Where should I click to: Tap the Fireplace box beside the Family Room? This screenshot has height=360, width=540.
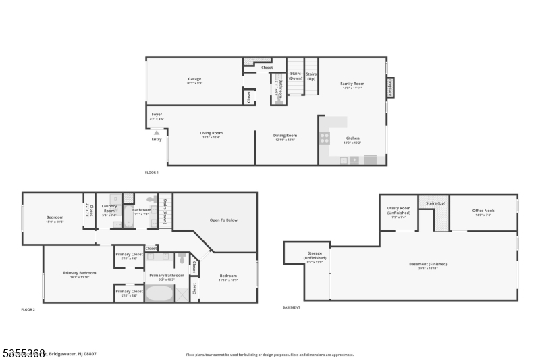point(390,87)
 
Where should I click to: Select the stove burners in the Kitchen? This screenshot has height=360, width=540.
point(325,138)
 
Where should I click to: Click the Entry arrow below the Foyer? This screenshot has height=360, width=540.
point(157,133)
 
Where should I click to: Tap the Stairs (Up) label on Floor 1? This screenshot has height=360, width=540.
point(311,76)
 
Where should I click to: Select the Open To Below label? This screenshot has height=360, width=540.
point(223,220)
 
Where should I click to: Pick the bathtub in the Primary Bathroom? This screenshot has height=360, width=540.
point(159,294)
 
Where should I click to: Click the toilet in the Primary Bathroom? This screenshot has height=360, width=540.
point(182,258)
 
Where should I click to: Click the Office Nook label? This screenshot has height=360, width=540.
point(483,212)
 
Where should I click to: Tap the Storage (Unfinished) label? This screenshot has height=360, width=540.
point(315,256)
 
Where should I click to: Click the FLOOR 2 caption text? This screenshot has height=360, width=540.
point(28,309)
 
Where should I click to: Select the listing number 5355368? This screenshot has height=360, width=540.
point(23,353)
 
